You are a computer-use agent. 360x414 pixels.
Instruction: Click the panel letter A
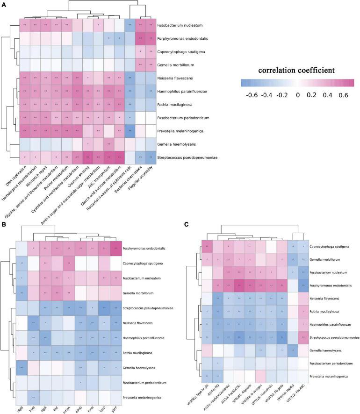point(4,4)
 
